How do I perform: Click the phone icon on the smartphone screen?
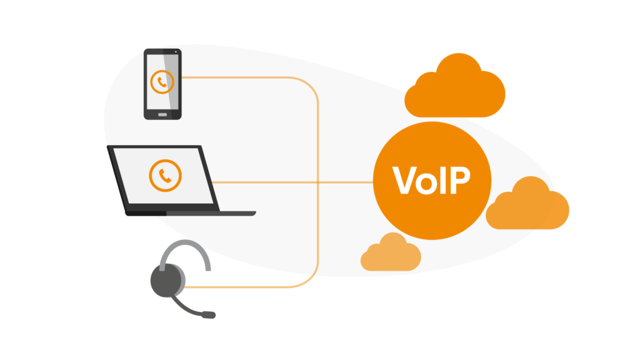162,82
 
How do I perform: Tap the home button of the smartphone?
162,114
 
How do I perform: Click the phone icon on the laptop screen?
165,176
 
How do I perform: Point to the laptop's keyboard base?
191,213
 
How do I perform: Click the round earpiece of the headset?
167,279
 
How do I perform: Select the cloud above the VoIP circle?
454,87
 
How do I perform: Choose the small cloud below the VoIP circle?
391,254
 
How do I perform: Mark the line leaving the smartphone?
250,77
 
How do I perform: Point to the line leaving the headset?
250,287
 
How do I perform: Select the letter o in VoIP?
427,182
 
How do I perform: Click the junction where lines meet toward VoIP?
318,182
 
